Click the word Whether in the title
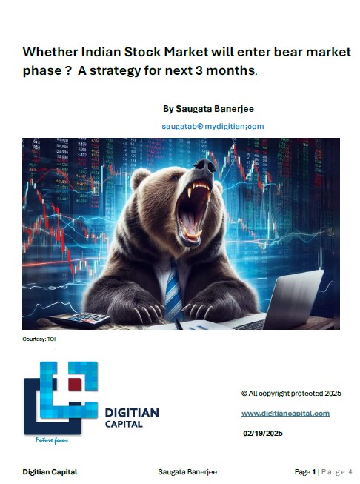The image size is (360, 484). [50, 52]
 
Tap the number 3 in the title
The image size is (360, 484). [199, 70]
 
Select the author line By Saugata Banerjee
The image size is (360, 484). [208, 109]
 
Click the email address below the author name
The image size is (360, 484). [213, 126]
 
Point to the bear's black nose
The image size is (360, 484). [205, 166]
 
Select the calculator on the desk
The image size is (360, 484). [81, 319]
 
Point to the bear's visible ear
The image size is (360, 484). [139, 179]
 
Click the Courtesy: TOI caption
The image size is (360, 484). [39, 339]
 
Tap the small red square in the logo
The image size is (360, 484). [75, 385]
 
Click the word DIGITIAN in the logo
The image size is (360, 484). [132, 413]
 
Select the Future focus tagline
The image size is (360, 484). [52, 440]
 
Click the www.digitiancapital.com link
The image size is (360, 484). [286, 414]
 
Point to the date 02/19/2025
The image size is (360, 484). [263, 434]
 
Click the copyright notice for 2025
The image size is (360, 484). [291, 394]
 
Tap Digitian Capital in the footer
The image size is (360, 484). [50, 472]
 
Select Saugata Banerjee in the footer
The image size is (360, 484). [187, 472]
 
